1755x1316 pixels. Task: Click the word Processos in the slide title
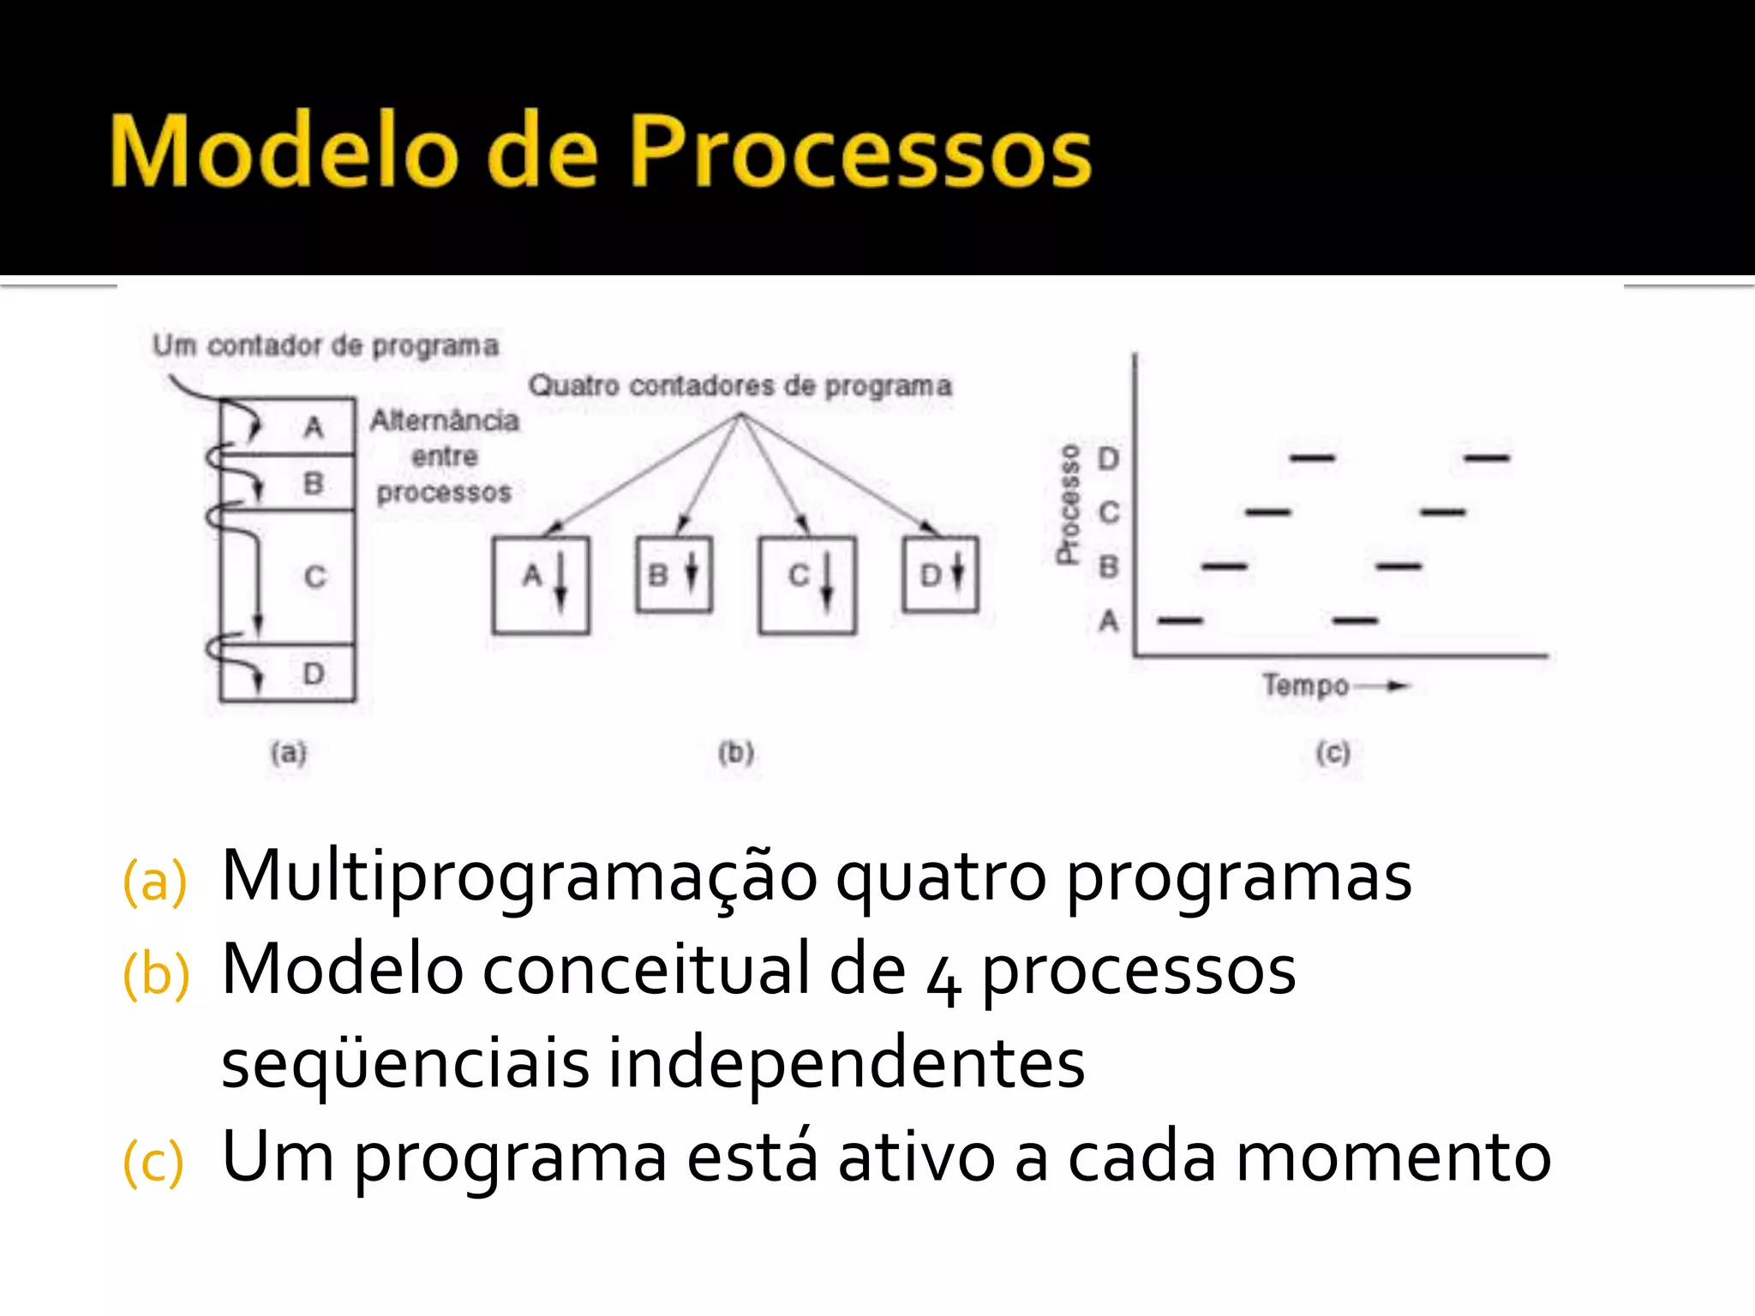[x=860, y=153]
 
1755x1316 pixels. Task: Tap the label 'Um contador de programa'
[x=326, y=346]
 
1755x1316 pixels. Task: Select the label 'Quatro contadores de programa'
[x=740, y=386]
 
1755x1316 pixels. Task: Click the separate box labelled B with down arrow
[x=674, y=574]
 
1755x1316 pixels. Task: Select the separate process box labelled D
[x=941, y=574]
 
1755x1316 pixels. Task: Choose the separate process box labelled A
[x=541, y=585]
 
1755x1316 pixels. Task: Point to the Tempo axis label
[x=1306, y=685]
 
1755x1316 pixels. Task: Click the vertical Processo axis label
[x=1069, y=505]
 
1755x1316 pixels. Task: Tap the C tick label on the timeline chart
[x=1109, y=512]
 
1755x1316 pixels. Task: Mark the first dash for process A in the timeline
[x=1180, y=619]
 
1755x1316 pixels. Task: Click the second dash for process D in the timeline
[x=1487, y=458]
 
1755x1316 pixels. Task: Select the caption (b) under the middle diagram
[x=736, y=753]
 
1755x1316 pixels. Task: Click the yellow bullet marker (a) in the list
[x=155, y=881]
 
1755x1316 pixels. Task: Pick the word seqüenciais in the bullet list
[x=404, y=1063]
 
